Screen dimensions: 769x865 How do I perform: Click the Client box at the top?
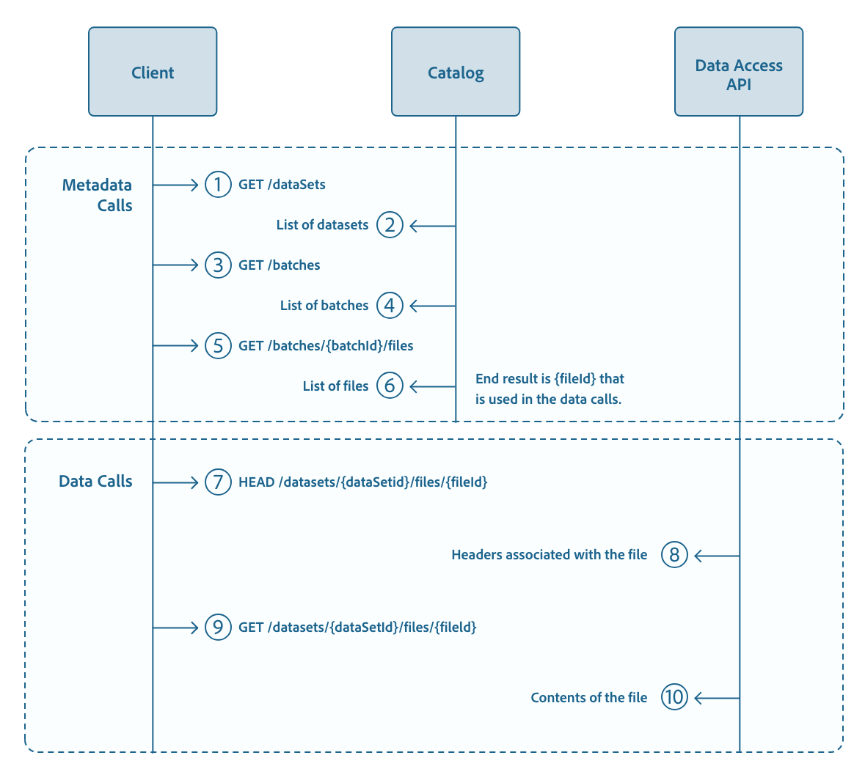pyautogui.click(x=153, y=72)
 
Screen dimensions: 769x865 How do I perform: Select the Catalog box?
pyautogui.click(x=456, y=72)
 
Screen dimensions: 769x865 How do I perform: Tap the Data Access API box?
pyautogui.click(x=739, y=72)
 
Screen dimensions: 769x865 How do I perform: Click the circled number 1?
pyautogui.click(x=218, y=185)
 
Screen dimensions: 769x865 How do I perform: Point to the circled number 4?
pyautogui.click(x=390, y=306)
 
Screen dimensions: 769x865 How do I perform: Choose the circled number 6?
pyautogui.click(x=390, y=386)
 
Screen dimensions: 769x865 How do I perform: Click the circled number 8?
pyautogui.click(x=674, y=555)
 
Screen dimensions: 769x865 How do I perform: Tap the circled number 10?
pyautogui.click(x=674, y=697)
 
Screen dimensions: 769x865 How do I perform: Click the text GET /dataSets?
pyautogui.click(x=282, y=185)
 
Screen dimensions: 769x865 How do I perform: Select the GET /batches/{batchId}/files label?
pyautogui.click(x=326, y=346)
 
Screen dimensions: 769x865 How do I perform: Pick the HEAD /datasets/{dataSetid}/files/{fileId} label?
pyautogui.click(x=363, y=482)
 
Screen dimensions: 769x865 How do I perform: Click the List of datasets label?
pyautogui.click(x=322, y=225)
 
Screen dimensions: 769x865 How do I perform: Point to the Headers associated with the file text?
pyautogui.click(x=549, y=555)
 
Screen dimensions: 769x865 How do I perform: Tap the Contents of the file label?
pyautogui.click(x=588, y=698)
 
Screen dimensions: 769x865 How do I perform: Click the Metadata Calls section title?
pyautogui.click(x=98, y=195)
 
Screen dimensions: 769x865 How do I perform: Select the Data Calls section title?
pyautogui.click(x=95, y=482)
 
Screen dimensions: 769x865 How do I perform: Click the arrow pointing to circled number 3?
pyautogui.click(x=176, y=265)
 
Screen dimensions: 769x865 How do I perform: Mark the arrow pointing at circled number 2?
pyautogui.click(x=432, y=226)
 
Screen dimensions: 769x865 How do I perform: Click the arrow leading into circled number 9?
pyautogui.click(x=176, y=628)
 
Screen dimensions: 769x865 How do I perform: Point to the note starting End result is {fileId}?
pyautogui.click(x=549, y=389)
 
